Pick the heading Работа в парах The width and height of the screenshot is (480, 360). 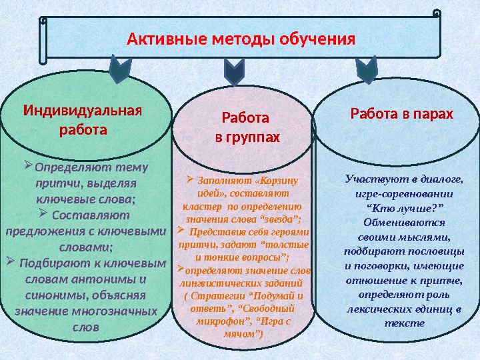(401, 114)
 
